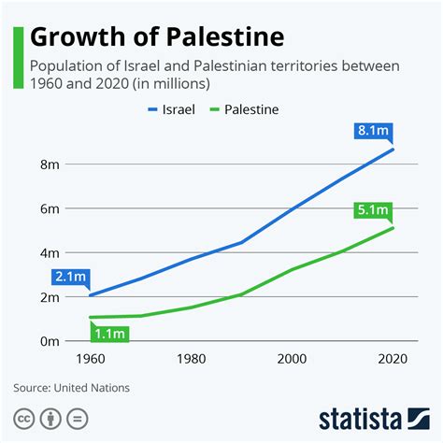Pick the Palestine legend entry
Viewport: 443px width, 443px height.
[x=246, y=109]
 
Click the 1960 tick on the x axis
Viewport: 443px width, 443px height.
[x=90, y=360]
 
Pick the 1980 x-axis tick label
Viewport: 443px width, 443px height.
[x=192, y=360]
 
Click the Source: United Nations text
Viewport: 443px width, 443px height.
[x=71, y=387]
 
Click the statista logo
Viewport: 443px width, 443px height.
[x=374, y=416]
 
